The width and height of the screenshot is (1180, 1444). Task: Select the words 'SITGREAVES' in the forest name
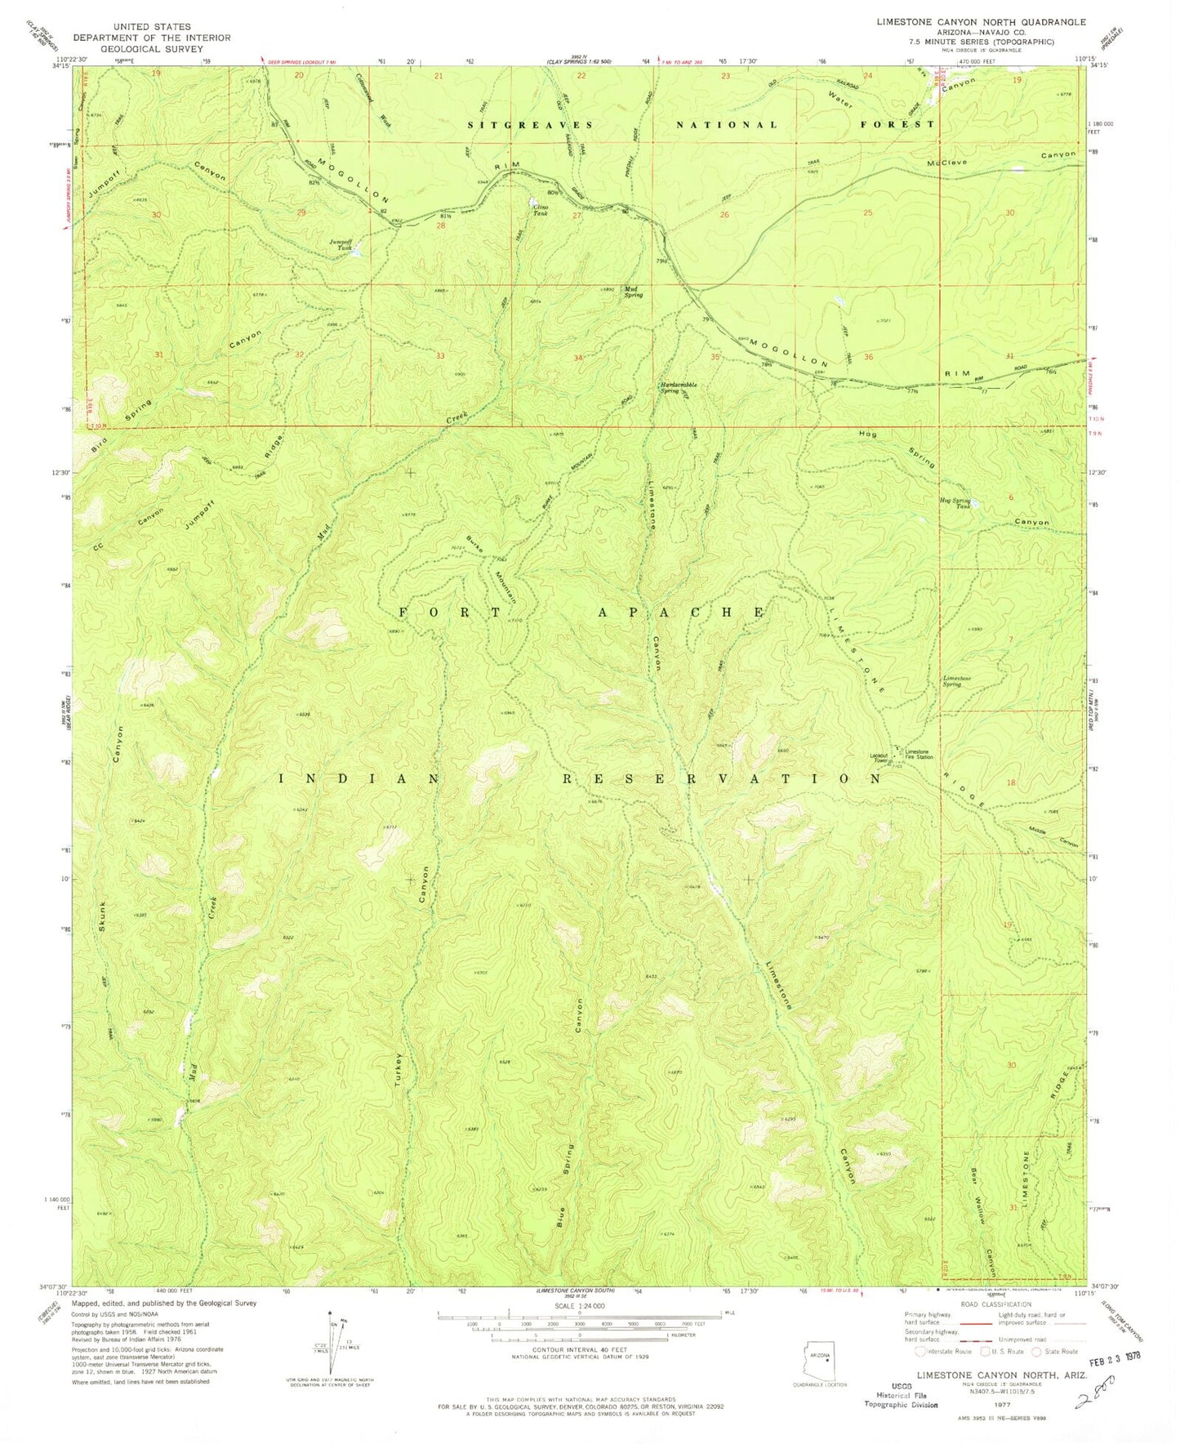click(517, 125)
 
